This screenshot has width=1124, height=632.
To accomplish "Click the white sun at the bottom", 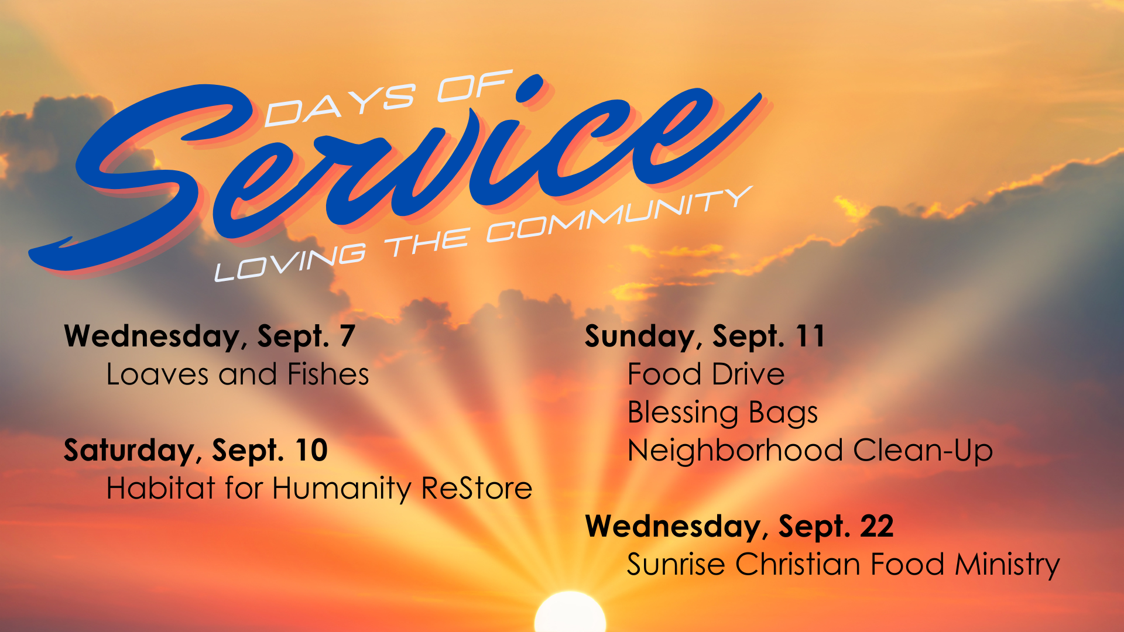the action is click(x=570, y=613).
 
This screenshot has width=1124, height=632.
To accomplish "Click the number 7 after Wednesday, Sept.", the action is click(x=347, y=336).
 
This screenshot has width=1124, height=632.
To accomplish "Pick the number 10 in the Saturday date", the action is click(x=311, y=450).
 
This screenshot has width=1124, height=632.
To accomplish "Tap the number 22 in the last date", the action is click(x=876, y=526).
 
